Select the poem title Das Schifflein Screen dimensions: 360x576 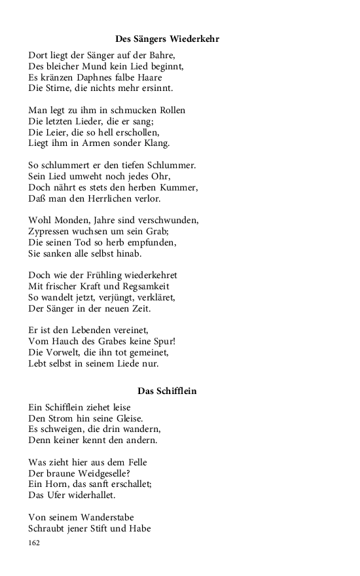point(167,391)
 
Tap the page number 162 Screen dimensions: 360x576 point(35,543)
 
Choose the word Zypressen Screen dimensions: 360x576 point(51,231)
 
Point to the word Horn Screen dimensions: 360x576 point(57,484)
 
